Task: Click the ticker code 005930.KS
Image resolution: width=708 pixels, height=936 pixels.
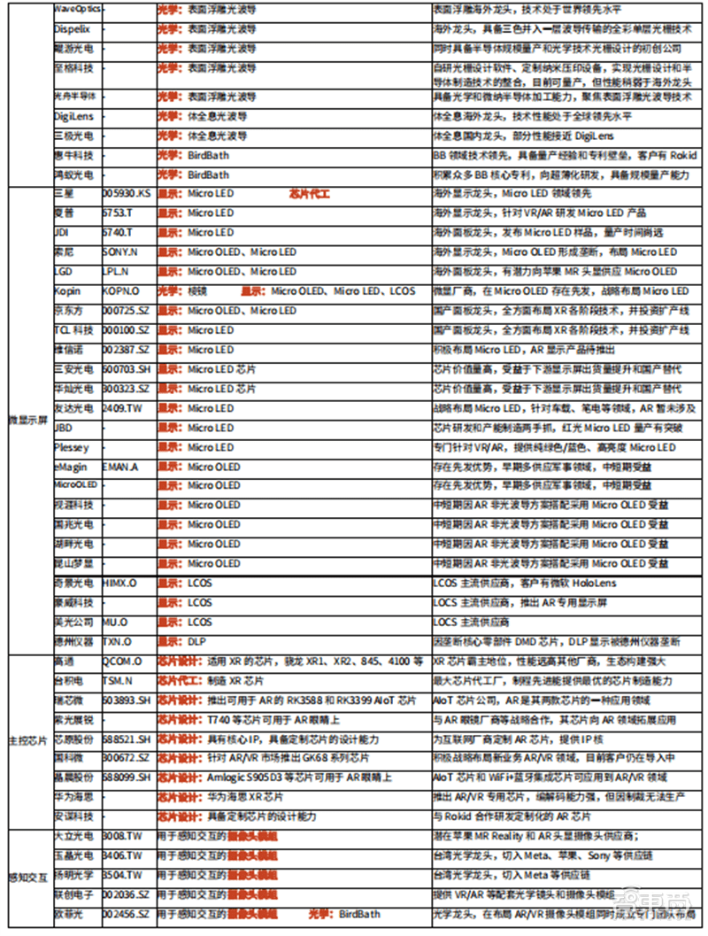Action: point(127,193)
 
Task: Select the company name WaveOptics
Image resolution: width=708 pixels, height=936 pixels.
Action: point(78,8)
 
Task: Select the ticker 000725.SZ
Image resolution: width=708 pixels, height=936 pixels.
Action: point(127,311)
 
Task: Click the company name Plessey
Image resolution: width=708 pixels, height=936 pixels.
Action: point(71,447)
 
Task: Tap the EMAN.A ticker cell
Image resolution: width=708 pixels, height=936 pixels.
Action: point(122,467)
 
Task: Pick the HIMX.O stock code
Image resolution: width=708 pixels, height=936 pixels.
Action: point(121,584)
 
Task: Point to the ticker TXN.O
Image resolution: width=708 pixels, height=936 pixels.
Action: point(119,642)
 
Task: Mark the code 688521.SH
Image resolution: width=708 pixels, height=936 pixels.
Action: point(127,739)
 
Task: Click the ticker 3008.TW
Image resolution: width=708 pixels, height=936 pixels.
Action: point(122,836)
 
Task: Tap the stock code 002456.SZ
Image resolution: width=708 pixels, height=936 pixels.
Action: point(127,914)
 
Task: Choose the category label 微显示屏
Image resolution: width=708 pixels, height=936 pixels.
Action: point(27,418)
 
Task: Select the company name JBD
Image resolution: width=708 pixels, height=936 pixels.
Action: point(64,428)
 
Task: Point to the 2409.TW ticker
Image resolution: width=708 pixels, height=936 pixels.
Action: point(122,408)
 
